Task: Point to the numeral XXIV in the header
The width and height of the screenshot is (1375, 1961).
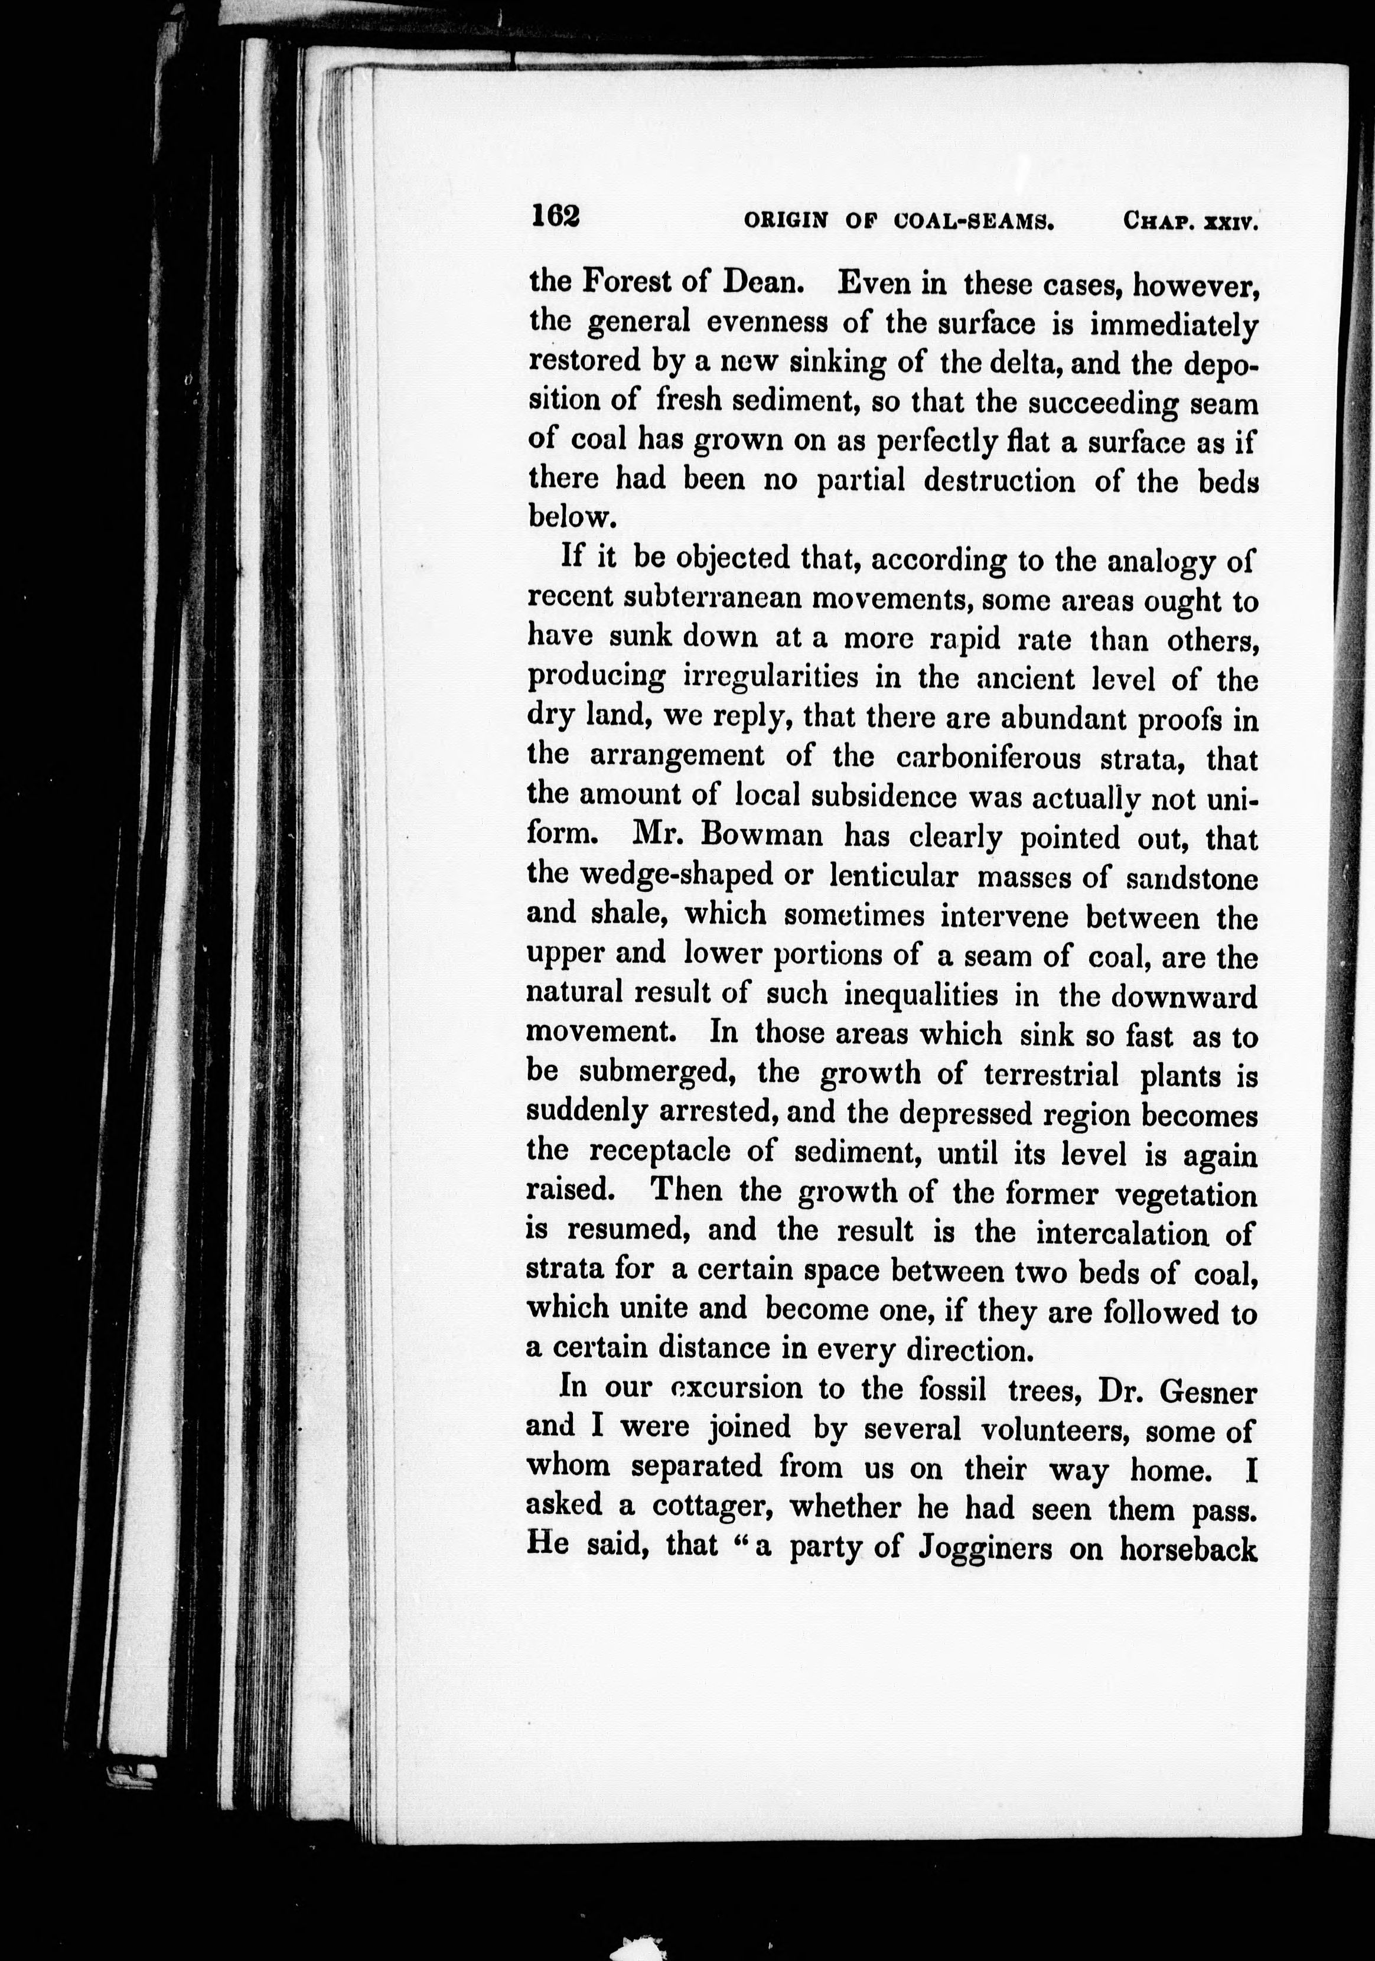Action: click(1231, 223)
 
